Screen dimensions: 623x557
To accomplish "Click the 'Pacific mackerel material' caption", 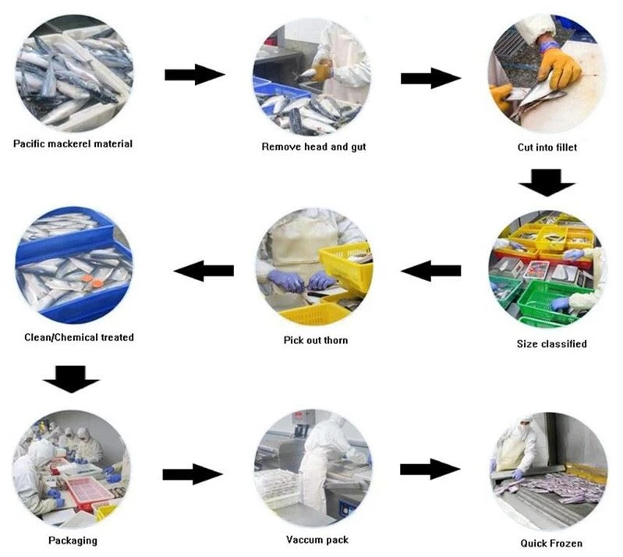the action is (73, 144).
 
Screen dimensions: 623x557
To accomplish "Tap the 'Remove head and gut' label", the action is (313, 147).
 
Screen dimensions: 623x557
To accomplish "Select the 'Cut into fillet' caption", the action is (547, 147).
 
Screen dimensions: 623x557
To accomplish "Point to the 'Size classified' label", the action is (551, 343).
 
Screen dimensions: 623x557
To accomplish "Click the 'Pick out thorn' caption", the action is (316, 340).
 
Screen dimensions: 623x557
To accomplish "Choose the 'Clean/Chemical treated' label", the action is (79, 337).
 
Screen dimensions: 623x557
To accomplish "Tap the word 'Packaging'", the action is (73, 541).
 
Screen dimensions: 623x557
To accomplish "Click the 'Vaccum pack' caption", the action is (317, 540).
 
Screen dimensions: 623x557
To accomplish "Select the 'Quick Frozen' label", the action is (551, 543).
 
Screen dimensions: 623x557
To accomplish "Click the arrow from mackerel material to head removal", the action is (195, 74).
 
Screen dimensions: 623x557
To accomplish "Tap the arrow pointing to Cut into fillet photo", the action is (430, 78).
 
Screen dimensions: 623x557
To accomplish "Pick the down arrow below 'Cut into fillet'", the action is (547, 183).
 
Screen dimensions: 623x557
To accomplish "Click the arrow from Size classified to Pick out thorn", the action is (430, 271).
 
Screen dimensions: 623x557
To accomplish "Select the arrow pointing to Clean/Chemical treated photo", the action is (204, 271).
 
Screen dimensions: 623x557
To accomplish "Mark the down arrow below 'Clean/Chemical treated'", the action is (71, 379).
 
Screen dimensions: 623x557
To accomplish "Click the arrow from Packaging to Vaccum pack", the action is (193, 474).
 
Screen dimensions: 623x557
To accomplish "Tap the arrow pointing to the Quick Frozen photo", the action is (430, 469).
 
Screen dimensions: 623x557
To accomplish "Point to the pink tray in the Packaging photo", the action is (90, 491).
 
